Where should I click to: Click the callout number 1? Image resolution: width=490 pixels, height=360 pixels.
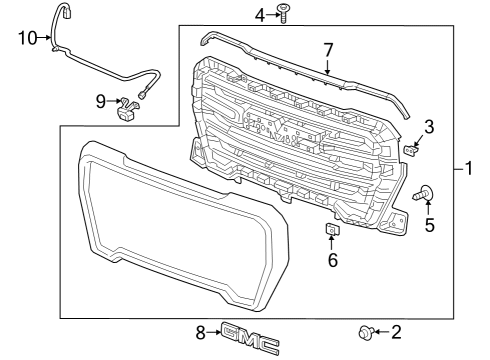click(468, 169)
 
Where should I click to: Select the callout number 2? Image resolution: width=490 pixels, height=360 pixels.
click(396, 331)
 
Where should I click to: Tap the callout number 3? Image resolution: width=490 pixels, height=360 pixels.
click(428, 126)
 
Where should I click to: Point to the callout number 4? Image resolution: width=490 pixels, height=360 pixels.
click(260, 14)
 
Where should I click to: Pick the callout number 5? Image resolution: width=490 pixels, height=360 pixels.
click(430, 225)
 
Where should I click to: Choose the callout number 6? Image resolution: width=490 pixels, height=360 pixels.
click(333, 260)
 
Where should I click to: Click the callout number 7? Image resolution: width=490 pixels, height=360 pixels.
click(327, 49)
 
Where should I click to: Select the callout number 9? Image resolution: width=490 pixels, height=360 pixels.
click(101, 100)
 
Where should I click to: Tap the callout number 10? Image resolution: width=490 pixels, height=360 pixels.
click(27, 38)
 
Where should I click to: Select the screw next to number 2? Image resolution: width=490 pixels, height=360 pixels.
click(365, 332)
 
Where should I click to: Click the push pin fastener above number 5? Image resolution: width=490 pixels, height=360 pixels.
click(426, 193)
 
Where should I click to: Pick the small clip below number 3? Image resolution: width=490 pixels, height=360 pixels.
click(412, 151)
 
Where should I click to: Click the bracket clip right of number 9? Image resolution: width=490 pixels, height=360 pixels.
click(127, 108)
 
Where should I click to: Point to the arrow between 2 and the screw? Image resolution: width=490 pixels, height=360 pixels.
click(381, 331)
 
